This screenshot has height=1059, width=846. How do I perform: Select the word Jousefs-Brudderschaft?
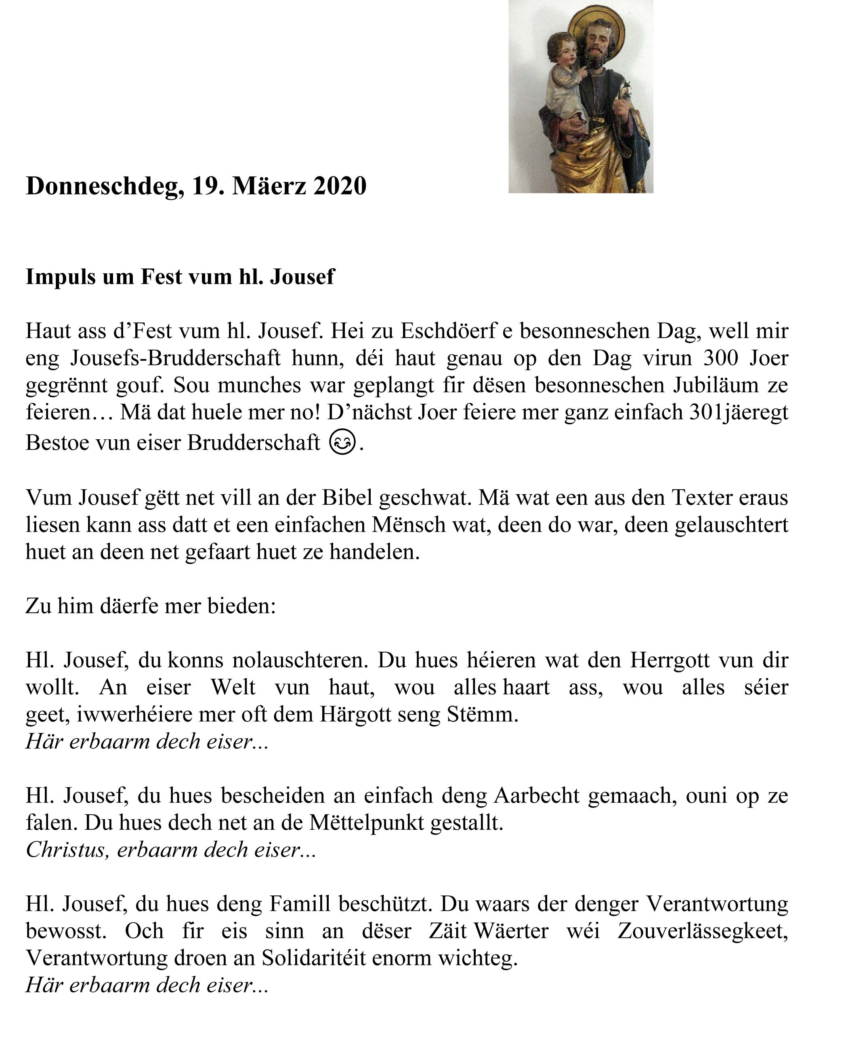pos(175,359)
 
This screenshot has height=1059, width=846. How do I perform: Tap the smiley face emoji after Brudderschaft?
pos(342,442)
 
